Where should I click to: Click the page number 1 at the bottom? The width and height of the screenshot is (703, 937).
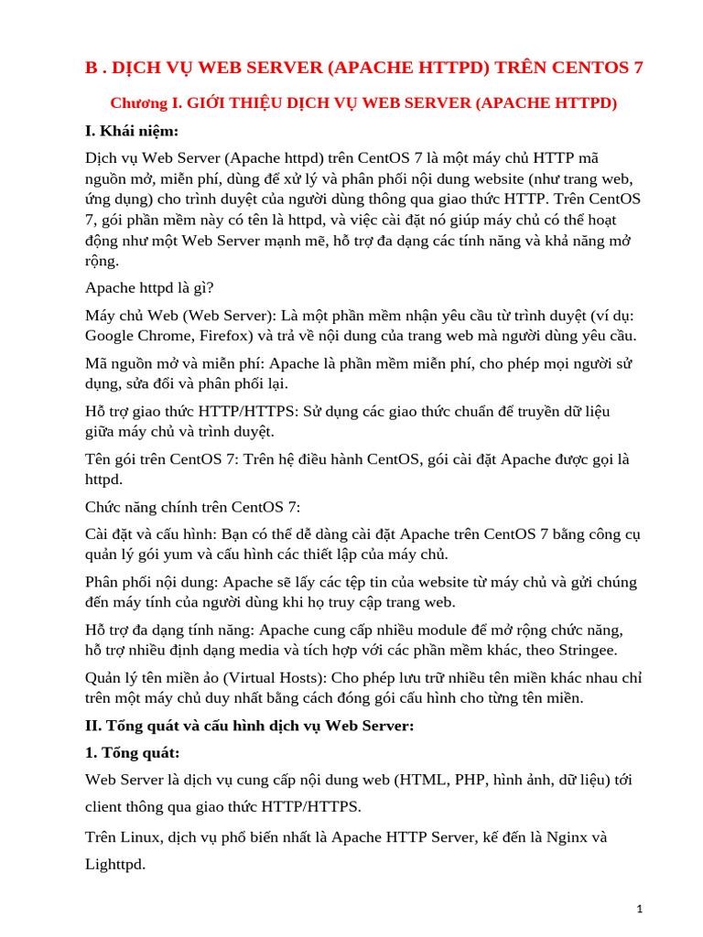[x=641, y=909]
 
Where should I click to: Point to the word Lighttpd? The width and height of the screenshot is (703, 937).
[x=114, y=864]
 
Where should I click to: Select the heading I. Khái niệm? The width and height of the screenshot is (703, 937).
[x=132, y=131]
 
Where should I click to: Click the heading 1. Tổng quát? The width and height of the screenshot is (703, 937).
[x=132, y=753]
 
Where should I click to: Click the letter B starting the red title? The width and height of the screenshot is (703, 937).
[x=90, y=68]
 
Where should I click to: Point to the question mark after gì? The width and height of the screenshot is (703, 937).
[x=211, y=287]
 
